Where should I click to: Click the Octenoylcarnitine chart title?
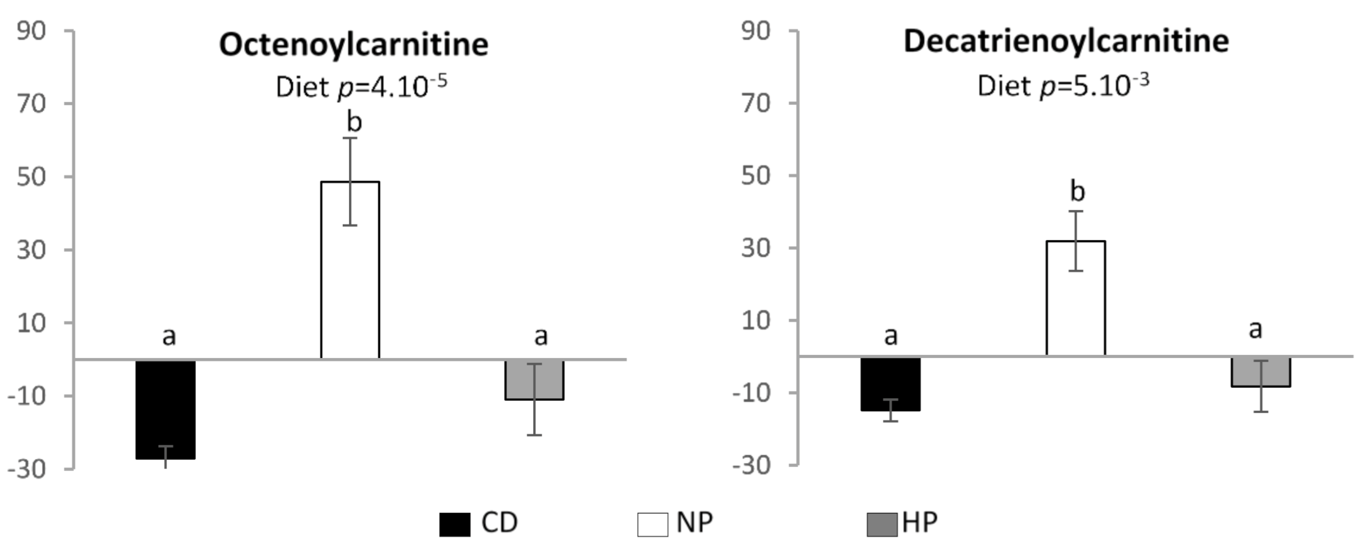(x=354, y=44)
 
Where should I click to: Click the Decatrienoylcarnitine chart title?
(x=1066, y=41)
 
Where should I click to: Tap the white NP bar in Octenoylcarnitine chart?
(x=350, y=271)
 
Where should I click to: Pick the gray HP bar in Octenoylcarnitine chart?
(x=534, y=380)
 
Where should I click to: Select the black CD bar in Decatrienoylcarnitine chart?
(x=890, y=383)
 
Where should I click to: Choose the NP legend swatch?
(x=652, y=524)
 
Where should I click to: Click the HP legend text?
(x=920, y=522)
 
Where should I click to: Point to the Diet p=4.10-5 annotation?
(x=361, y=86)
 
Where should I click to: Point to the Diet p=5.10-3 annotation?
(x=1063, y=85)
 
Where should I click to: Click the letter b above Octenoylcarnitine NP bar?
(x=354, y=122)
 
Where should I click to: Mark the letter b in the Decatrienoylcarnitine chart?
(x=1077, y=191)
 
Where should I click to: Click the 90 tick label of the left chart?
(x=31, y=31)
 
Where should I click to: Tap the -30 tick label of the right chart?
(x=750, y=465)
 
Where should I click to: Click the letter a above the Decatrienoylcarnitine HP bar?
(x=1255, y=329)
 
